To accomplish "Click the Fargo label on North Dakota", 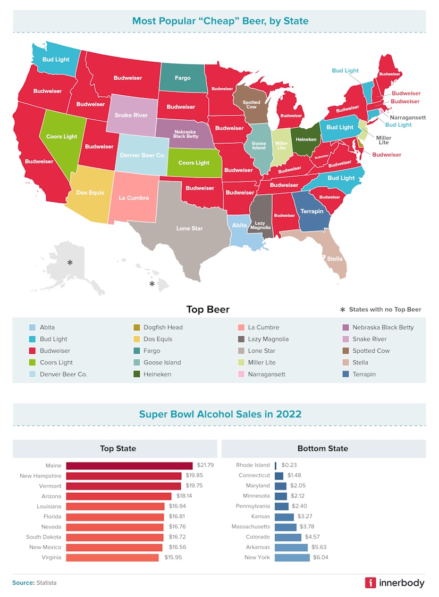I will (x=182, y=78).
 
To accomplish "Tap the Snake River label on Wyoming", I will (x=131, y=115).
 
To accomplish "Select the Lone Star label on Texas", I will (x=190, y=228).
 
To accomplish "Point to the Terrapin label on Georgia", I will (x=312, y=211).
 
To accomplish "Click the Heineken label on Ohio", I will (x=306, y=139).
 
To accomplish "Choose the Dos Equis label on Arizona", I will (x=90, y=193).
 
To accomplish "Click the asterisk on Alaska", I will (x=70, y=262).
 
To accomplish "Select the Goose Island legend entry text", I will (x=162, y=362).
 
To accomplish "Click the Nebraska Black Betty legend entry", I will (x=383, y=328).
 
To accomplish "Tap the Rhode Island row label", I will (x=253, y=465).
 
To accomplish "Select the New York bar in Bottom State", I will (x=292, y=558).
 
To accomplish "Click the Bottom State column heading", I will (x=323, y=449).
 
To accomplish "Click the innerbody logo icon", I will (x=370, y=583).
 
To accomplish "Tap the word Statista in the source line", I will (x=46, y=583).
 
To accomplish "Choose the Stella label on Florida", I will (x=335, y=259).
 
